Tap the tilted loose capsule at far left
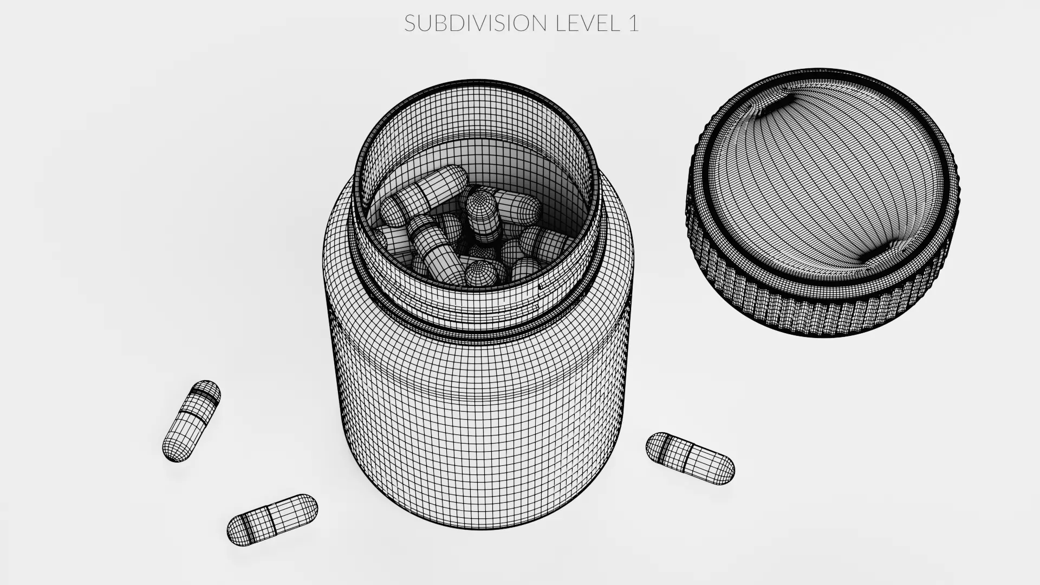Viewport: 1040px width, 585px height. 192,421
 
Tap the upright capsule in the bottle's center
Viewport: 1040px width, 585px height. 483,217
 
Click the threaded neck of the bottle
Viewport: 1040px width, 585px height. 477,309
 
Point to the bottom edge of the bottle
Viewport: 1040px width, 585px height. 477,525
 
